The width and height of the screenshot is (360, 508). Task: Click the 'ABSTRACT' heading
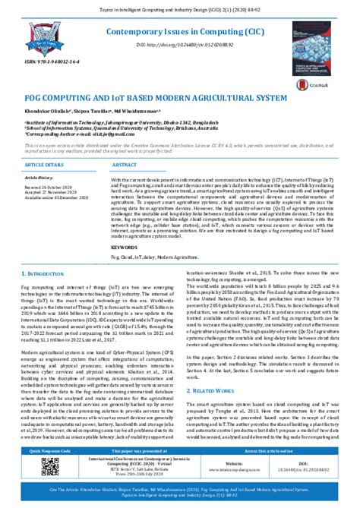click(x=125, y=164)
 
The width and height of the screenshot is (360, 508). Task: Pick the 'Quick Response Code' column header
click(x=46, y=450)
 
